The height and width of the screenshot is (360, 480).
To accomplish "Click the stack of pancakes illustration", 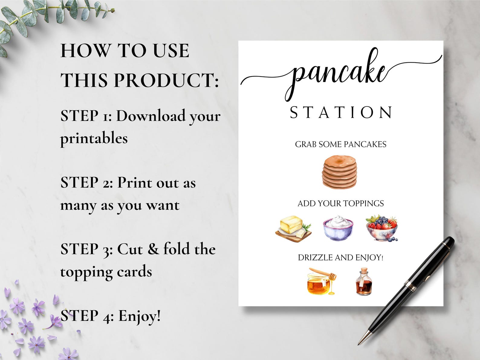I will [339, 172].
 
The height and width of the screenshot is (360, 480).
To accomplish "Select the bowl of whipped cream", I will [338, 227].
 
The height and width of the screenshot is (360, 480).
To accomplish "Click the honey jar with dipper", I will [321, 282].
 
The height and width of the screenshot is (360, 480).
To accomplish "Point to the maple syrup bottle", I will [364, 282].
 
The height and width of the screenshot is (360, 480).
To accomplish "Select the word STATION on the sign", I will [341, 112].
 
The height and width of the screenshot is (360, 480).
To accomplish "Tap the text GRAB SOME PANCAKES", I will [341, 144].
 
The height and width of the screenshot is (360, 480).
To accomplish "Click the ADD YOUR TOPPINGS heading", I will [341, 203].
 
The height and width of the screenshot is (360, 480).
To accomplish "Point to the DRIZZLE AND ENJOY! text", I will [341, 257].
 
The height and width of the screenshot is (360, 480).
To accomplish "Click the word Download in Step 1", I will [151, 116].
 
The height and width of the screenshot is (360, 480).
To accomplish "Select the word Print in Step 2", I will [134, 183].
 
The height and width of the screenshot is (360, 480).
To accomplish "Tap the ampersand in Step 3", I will [153, 249].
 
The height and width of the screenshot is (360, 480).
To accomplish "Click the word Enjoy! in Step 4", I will [139, 316].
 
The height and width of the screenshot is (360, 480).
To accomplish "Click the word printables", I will [94, 138].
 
